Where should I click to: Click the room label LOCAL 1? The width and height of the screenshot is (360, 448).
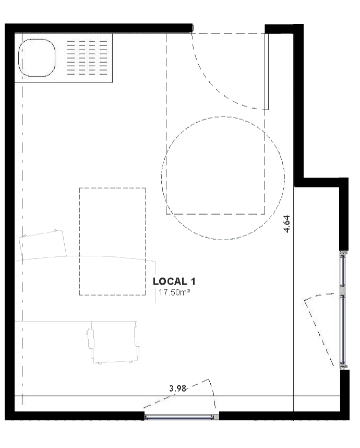tap(174, 281)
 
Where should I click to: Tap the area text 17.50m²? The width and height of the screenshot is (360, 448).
tap(174, 292)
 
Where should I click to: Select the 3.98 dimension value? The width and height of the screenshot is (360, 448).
tap(177, 388)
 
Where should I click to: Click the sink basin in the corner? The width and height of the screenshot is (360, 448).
tap(37, 58)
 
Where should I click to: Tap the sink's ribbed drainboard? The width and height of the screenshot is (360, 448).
tap(87, 58)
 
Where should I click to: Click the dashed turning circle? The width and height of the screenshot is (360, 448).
tap(223, 116)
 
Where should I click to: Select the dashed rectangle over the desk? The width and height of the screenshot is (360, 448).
tap(113, 188)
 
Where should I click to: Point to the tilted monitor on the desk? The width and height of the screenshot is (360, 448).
tap(43, 244)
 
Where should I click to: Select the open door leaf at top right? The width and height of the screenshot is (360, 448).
tap(267, 72)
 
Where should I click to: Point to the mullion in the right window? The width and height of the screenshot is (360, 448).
tap(343, 291)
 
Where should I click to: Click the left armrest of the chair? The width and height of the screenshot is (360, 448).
tap(91, 339)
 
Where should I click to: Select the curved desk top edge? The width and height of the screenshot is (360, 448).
tap(86, 256)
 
